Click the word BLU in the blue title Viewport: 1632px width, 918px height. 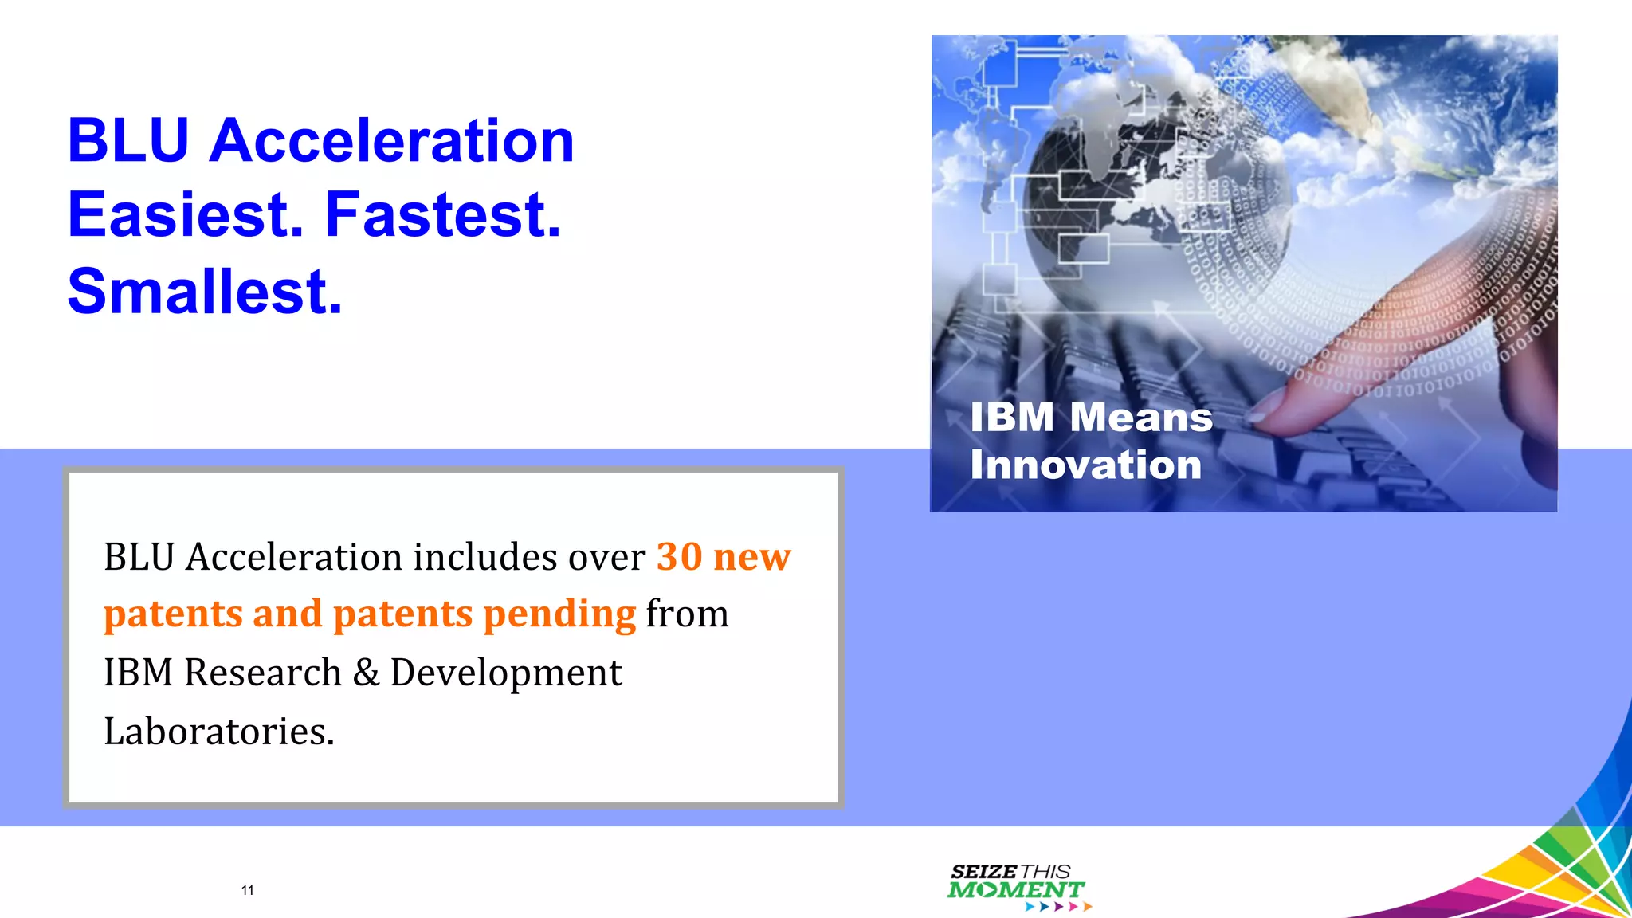coord(127,141)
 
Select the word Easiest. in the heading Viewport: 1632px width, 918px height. coord(186,215)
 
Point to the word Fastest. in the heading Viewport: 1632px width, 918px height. coord(443,215)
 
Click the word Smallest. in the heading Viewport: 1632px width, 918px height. coord(205,292)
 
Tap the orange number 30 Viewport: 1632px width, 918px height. coord(679,556)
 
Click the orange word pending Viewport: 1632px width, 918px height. coord(559,614)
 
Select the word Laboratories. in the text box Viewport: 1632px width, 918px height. coord(219,732)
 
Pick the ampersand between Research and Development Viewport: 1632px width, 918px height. coord(366,673)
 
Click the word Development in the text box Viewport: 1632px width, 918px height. coord(505,673)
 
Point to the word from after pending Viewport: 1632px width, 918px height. coord(687,614)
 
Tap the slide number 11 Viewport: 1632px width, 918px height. coord(247,890)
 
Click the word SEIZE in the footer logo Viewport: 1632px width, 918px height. coord(983,872)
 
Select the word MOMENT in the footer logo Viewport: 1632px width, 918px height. coord(1015,890)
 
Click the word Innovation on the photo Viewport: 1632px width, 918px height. coord(1085,465)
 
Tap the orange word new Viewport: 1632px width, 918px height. coord(751,556)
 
